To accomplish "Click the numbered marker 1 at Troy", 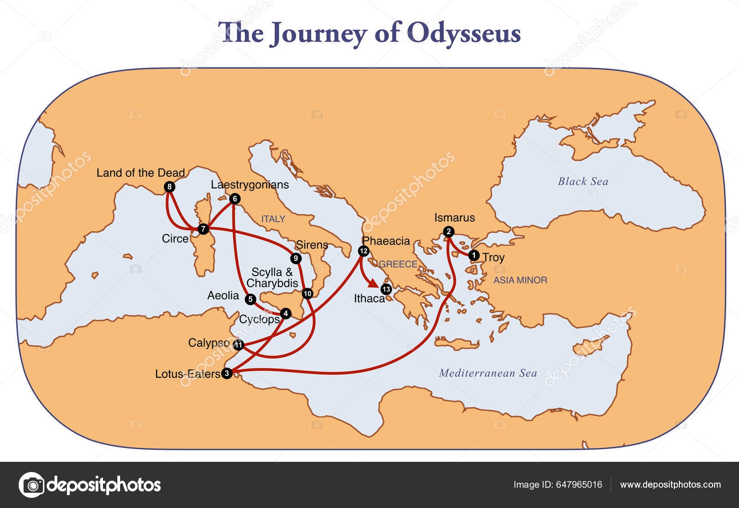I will click(x=473, y=255).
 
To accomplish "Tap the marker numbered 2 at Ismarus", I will click(x=448, y=232).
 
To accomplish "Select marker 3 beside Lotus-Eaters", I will click(x=226, y=373).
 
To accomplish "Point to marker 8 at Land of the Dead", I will click(x=170, y=187).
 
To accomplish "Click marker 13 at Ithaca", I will click(x=387, y=290).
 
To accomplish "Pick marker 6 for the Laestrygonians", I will click(x=234, y=199).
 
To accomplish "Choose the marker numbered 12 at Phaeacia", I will click(x=363, y=251).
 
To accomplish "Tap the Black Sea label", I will click(x=583, y=181).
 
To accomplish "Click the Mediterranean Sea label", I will click(x=488, y=373).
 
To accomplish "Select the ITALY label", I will click(x=273, y=219).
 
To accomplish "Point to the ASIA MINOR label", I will click(x=520, y=280).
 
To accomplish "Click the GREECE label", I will click(x=398, y=264).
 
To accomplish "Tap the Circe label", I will click(x=175, y=239).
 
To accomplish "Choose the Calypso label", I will click(x=209, y=343).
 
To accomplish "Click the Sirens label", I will click(x=312, y=245).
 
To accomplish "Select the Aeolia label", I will click(x=223, y=296).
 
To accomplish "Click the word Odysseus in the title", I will click(x=464, y=33).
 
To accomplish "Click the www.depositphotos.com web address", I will click(x=670, y=484).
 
